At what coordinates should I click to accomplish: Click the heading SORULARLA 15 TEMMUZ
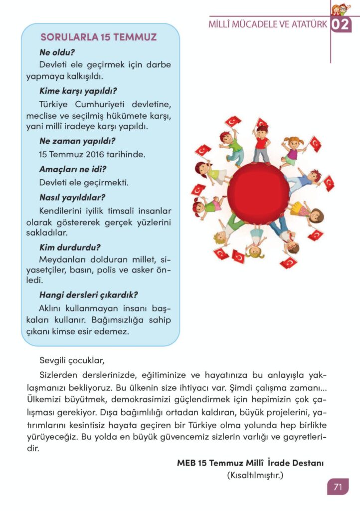99,37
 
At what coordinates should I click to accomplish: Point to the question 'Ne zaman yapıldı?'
77,141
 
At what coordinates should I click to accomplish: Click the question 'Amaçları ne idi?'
73,169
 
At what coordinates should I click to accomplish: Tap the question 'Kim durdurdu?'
70,247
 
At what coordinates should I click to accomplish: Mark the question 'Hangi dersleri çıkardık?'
89,294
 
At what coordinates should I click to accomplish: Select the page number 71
338,487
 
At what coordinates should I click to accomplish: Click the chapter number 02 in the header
341,24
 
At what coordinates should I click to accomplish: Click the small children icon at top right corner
341,8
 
